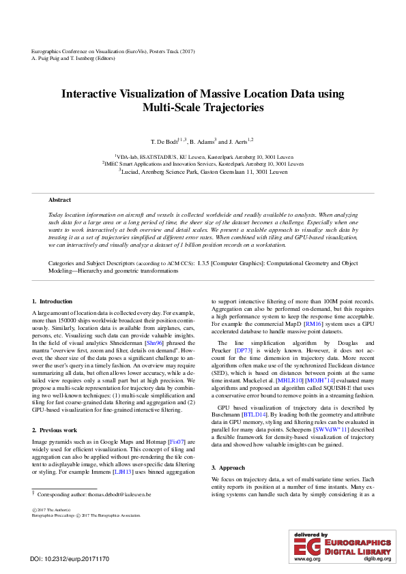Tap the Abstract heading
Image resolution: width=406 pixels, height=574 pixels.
(x=59, y=200)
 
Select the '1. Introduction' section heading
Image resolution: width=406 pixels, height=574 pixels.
(x=52, y=301)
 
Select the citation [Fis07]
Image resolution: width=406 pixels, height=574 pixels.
(x=175, y=442)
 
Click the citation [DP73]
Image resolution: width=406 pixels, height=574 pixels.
(x=244, y=350)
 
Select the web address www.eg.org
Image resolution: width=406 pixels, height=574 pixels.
(x=306, y=559)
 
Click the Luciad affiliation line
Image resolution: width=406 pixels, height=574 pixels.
(x=203, y=171)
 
